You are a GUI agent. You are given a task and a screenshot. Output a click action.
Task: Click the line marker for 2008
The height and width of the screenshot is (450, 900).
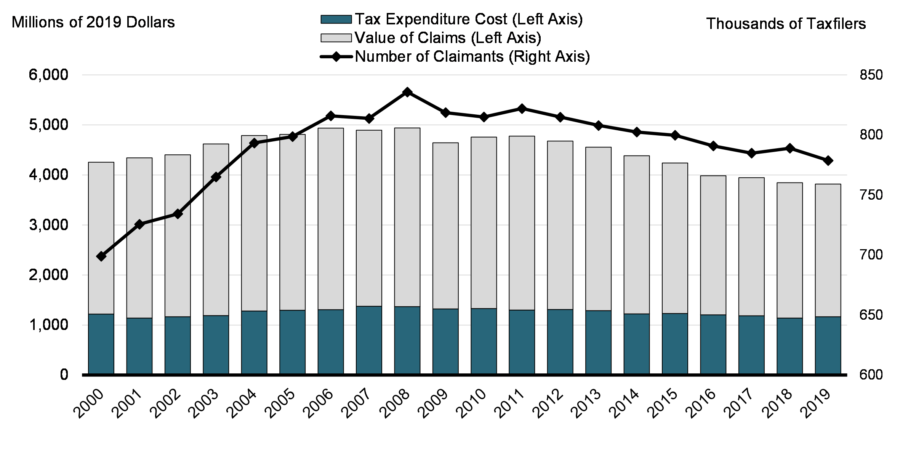(x=407, y=92)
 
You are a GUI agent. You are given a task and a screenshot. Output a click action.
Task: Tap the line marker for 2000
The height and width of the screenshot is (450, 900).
(x=101, y=256)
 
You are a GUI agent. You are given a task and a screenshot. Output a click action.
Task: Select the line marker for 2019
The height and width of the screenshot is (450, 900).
(x=828, y=160)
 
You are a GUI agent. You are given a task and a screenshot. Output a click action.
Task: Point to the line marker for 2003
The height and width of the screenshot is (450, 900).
(x=216, y=177)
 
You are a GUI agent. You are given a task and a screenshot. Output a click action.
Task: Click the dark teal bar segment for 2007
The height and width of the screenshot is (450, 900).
(x=369, y=340)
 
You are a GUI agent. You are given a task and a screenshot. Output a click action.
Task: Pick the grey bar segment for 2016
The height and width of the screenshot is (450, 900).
(x=713, y=245)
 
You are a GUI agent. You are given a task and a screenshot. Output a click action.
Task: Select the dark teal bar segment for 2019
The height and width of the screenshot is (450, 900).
(x=828, y=346)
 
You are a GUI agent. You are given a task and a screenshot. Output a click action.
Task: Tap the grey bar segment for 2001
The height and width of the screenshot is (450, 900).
(x=139, y=238)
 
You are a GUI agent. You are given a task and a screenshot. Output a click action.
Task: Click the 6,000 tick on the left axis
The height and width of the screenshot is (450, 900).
(x=48, y=75)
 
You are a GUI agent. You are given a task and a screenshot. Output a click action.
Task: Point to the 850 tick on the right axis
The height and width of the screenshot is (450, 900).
(x=871, y=75)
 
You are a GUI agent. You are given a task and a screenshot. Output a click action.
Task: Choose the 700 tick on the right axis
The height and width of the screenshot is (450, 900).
(x=871, y=255)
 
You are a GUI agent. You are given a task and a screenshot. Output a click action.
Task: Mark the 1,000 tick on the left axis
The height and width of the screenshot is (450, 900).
(x=48, y=325)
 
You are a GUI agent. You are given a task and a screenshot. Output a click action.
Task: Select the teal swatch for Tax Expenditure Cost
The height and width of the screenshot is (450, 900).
(x=336, y=19)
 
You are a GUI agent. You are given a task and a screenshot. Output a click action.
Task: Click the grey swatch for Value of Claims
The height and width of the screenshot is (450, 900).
(x=336, y=38)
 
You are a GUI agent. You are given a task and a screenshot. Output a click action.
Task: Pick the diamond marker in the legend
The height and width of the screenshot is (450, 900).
(x=336, y=57)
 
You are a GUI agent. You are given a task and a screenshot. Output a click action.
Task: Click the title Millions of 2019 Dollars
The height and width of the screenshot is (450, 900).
(x=93, y=22)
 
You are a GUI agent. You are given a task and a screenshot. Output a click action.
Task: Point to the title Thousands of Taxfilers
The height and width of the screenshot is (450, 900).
(x=786, y=24)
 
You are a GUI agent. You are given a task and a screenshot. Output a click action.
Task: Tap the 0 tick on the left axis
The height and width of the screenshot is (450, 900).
(x=64, y=375)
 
